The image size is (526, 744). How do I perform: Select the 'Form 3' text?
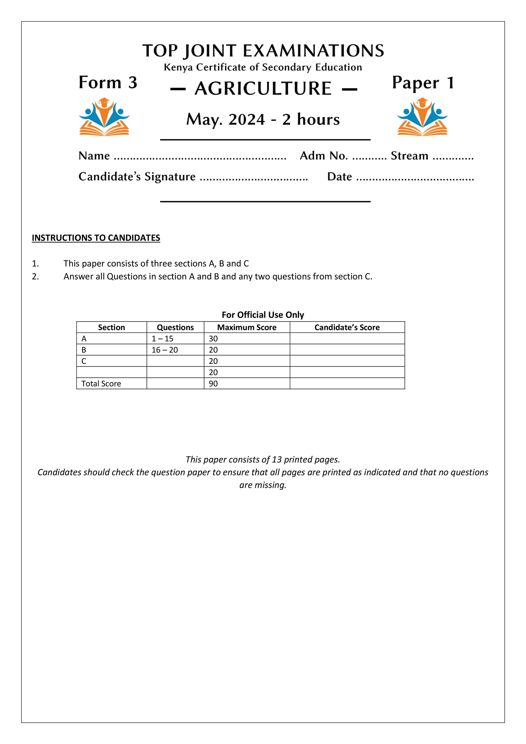[x=108, y=83]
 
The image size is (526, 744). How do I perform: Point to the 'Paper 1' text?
[x=423, y=83]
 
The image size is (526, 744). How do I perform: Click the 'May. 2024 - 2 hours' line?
[x=263, y=120]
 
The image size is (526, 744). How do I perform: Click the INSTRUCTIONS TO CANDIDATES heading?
[x=96, y=238]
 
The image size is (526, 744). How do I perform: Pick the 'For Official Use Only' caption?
[x=263, y=315]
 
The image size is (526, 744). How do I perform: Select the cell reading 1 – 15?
[x=162, y=339]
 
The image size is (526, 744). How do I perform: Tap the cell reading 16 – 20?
[x=165, y=350]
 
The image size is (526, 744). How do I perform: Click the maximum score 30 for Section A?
[x=213, y=339]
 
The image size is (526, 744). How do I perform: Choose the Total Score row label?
[x=101, y=384]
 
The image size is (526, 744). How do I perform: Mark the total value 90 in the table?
[x=213, y=384]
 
